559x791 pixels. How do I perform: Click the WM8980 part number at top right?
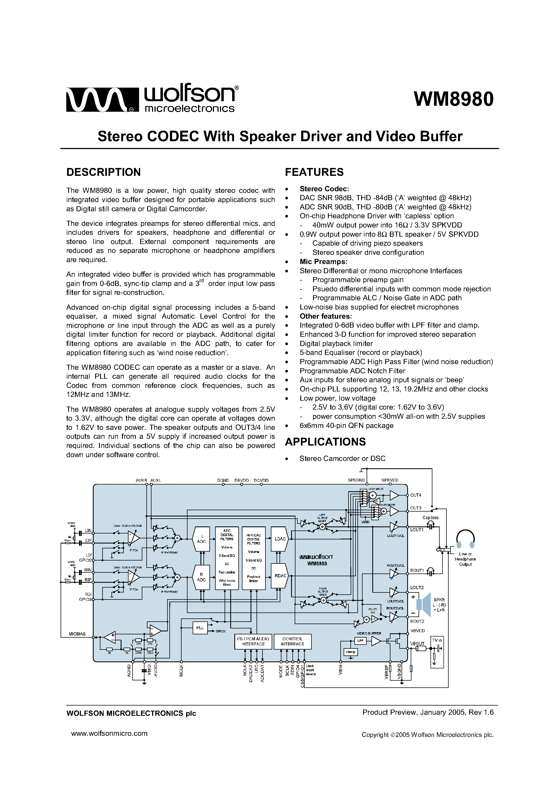point(453,99)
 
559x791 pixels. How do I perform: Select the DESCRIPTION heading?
point(103,172)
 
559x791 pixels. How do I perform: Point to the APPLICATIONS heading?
point(325,442)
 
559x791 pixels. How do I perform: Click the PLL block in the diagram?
point(200,628)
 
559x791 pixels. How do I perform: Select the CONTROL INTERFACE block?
point(292,641)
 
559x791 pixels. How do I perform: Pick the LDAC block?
point(280,539)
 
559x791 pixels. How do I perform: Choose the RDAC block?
point(280,576)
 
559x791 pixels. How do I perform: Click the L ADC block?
point(201,539)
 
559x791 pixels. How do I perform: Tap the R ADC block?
point(201,577)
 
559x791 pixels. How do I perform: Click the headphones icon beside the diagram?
point(465,539)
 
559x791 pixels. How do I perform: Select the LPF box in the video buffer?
point(360,641)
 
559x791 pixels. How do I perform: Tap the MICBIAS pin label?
point(77,634)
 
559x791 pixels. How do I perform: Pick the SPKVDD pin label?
point(390,480)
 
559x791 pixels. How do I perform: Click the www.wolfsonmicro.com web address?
point(109,733)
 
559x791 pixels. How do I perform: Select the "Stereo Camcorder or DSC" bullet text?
point(342,459)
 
